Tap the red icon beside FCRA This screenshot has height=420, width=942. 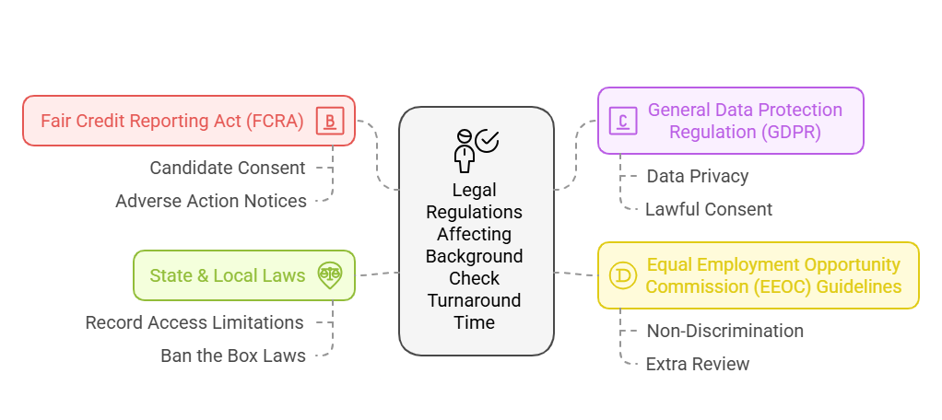pyautogui.click(x=329, y=121)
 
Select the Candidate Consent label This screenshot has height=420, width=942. pyautogui.click(x=228, y=168)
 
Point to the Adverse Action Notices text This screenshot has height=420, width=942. pyautogui.click(x=211, y=201)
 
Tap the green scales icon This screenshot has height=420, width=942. pyautogui.click(x=329, y=274)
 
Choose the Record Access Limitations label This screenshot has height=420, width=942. pyautogui.click(x=194, y=322)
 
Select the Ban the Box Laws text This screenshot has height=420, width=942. pyautogui.click(x=233, y=356)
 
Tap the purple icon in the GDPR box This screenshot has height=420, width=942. pyautogui.click(x=624, y=121)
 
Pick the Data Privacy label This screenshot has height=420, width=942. pyautogui.click(x=698, y=176)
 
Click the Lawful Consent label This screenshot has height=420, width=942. pyautogui.click(x=709, y=209)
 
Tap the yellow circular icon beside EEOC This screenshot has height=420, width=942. pyautogui.click(x=623, y=275)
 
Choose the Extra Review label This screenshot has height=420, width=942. pyautogui.click(x=698, y=364)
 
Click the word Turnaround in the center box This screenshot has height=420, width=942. pyautogui.click(x=475, y=300)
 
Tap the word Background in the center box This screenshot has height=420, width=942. pyautogui.click(x=475, y=256)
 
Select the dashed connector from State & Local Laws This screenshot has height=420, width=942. pyautogui.click(x=377, y=274)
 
